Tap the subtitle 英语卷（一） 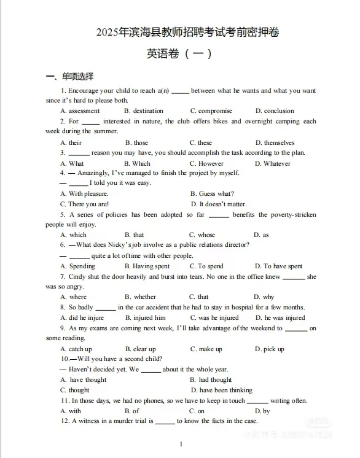coord(179,54)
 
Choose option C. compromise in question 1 coord(211,111)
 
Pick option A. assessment coord(80,111)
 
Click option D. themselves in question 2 coord(275,143)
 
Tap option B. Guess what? coord(212,194)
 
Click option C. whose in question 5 coord(202,235)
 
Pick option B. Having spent coord(147,266)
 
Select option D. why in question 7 coord(264,297)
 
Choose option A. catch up coord(80,349)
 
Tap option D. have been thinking coord(221,390)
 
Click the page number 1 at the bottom coord(181,444)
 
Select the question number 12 coord(64,421)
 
